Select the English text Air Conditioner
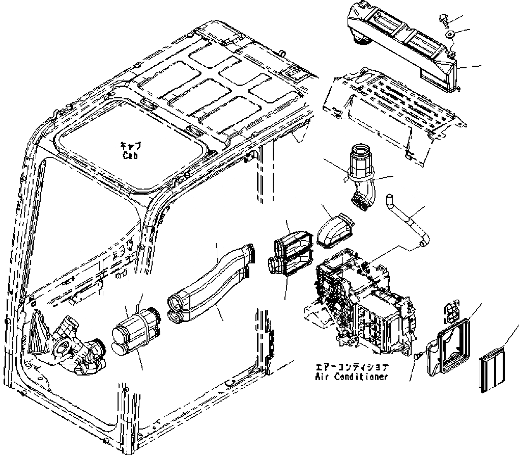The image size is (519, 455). pos(351,377)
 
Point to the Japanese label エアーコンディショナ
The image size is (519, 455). pos(352,367)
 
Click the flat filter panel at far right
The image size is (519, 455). pos(493,369)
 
